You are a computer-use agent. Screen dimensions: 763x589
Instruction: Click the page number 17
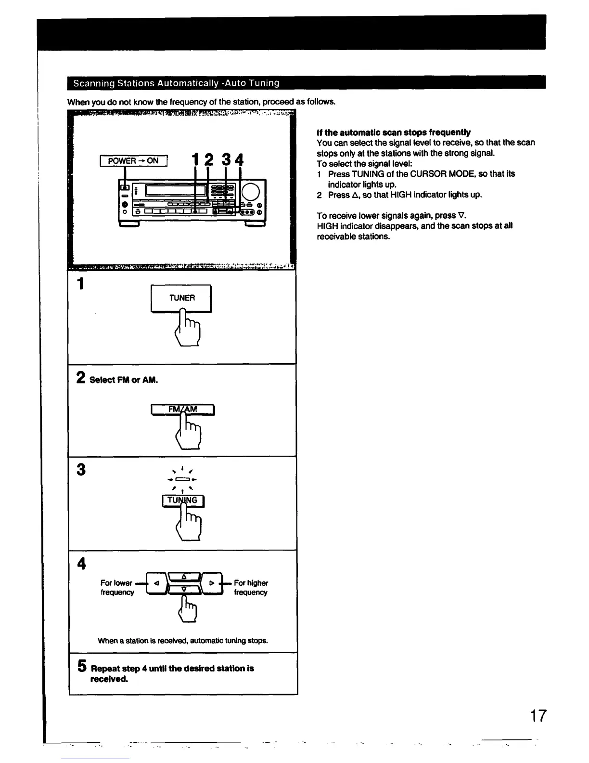tap(538, 716)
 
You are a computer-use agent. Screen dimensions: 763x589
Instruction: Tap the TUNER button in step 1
tap(181, 298)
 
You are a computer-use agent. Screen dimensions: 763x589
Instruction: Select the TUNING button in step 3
tap(183, 501)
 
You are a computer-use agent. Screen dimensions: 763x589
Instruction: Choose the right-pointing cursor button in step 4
tap(212, 583)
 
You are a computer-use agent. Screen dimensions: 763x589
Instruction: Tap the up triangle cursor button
tap(184, 577)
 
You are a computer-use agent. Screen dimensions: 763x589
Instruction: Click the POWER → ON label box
tap(133, 161)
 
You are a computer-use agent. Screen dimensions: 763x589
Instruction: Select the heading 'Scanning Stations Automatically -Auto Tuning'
tap(176, 83)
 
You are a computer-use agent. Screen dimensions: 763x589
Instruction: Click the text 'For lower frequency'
tap(117, 588)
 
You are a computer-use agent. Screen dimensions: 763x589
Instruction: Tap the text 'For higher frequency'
tap(251, 588)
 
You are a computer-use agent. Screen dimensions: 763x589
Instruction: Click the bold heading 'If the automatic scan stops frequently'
tap(394, 132)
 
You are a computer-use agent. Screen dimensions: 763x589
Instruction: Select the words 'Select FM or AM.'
tap(124, 380)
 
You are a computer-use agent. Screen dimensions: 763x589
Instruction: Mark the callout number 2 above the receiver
tap(209, 159)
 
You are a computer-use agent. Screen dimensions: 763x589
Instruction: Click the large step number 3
tap(81, 469)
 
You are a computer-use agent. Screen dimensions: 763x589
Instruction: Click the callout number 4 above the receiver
tap(239, 160)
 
